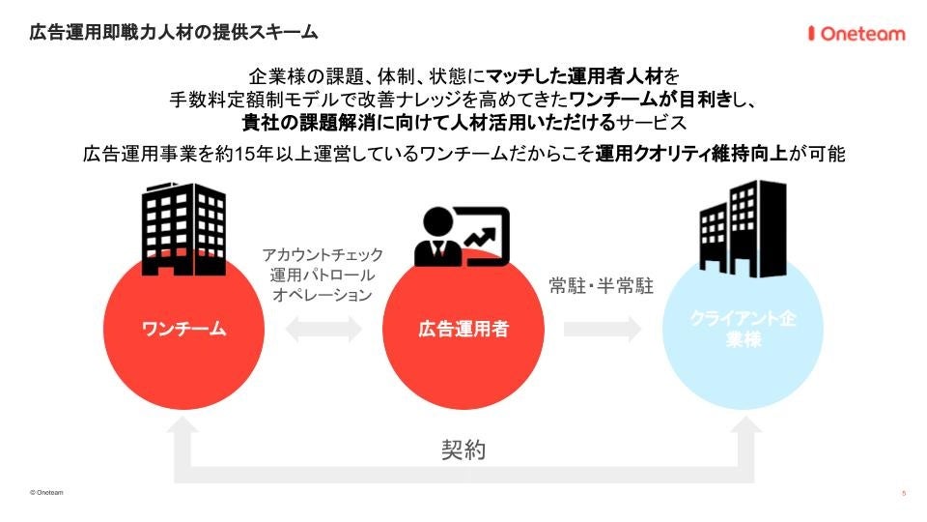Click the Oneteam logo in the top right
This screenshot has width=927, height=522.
point(856,34)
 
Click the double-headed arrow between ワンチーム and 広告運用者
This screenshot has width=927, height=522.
point(323,330)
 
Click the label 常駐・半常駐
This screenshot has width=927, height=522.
point(601,286)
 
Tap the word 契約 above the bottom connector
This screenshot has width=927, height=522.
point(463,449)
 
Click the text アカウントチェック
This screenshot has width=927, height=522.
point(323,255)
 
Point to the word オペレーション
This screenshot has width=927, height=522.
point(323,296)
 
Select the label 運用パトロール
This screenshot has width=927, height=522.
point(323,275)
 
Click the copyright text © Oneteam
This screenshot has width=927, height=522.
point(46,492)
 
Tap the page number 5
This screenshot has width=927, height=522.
point(903,493)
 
